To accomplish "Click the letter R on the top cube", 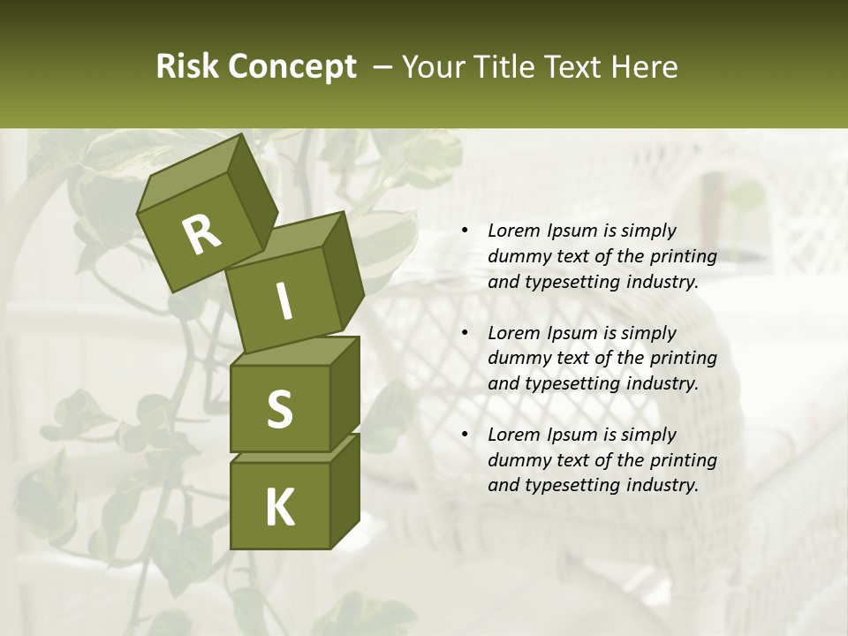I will coord(201,235).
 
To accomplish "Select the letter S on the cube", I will coord(279,409).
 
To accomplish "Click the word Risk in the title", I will coord(186,67).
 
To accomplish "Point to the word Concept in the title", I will coord(291,67).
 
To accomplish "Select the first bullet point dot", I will coord(465,231).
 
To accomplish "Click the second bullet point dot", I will coord(465,334).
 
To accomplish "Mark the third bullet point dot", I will coord(465,435).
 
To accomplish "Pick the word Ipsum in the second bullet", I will coord(575,333).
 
